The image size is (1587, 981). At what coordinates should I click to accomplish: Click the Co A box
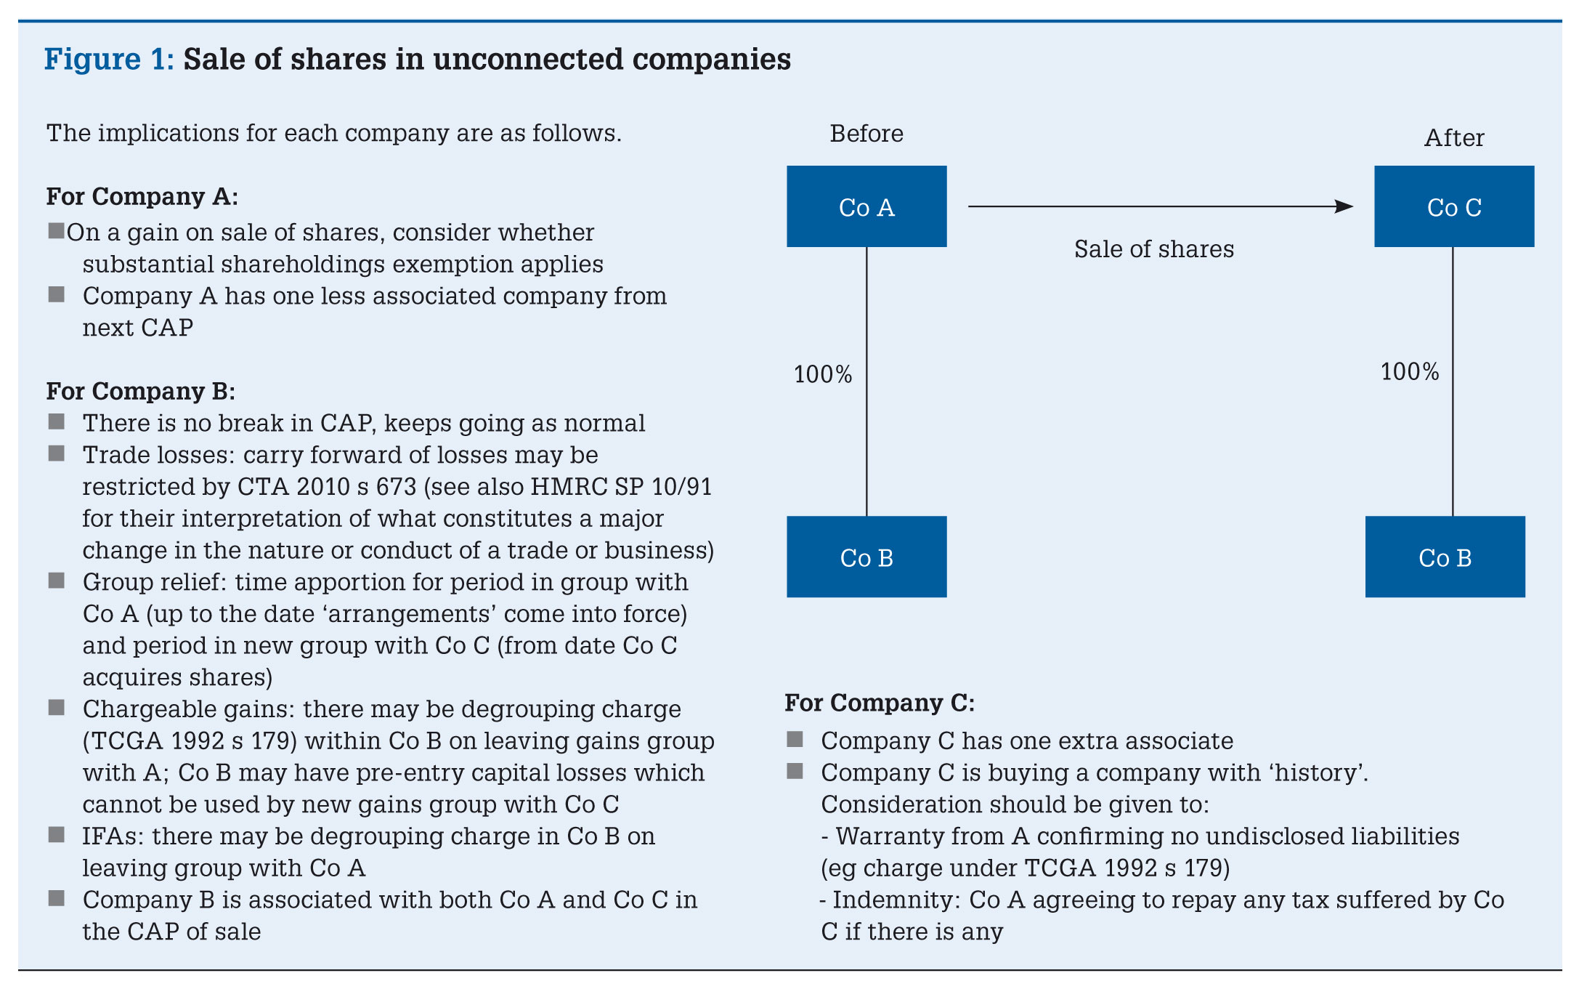click(866, 206)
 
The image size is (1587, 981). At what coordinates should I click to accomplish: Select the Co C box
click(1454, 206)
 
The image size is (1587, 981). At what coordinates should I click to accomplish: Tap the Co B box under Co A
click(866, 557)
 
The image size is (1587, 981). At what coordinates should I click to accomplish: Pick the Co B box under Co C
click(1445, 557)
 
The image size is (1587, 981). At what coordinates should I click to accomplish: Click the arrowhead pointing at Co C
click(1344, 206)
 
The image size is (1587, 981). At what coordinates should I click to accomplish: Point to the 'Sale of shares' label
click(1154, 249)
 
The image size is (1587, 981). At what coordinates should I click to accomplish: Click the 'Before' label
click(866, 134)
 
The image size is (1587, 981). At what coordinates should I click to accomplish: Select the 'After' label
click(1454, 138)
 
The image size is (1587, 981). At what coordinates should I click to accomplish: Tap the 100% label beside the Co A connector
click(823, 374)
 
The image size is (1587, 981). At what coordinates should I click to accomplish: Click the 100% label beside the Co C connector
click(1410, 372)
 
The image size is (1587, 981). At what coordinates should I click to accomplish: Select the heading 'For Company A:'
click(142, 197)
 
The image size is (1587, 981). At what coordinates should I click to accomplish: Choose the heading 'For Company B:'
click(141, 392)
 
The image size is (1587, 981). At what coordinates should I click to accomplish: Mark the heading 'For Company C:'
click(880, 703)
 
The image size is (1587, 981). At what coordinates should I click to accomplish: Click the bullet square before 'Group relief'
click(57, 581)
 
